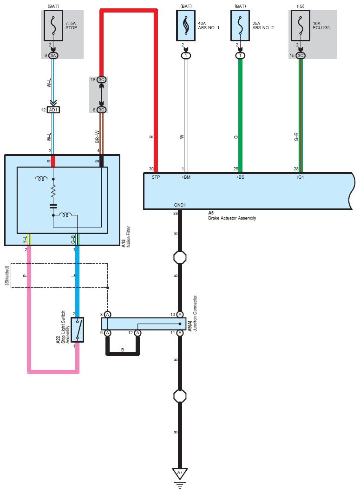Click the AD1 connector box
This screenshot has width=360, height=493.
coord(53,110)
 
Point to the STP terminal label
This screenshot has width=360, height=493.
coord(156,177)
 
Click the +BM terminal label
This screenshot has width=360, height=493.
coord(186,177)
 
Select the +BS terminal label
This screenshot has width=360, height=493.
coord(240,177)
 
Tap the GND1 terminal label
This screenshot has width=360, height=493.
coord(180,205)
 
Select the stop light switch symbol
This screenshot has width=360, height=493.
coord(77,330)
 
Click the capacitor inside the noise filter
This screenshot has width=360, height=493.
coord(53,206)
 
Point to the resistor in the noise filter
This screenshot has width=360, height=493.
coord(53,191)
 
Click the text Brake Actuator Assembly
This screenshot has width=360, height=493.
coord(232,218)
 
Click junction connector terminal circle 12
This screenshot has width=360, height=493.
coord(137,333)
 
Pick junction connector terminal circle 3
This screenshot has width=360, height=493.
coord(107,314)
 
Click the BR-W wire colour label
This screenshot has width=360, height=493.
coord(98,136)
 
